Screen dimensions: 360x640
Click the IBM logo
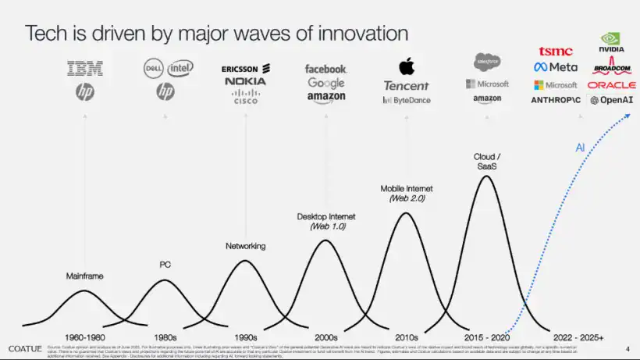coord(85,69)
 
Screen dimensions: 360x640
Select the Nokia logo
coord(245,81)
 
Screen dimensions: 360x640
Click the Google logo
coord(325,83)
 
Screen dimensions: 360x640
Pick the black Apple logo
coord(405,66)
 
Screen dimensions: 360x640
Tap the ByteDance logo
coord(406,100)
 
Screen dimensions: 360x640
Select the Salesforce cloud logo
coord(487,62)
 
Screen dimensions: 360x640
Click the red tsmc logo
coord(555,52)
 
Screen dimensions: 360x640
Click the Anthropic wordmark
coord(555,100)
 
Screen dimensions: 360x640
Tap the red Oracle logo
coord(612,84)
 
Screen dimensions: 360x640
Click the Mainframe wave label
coord(84,276)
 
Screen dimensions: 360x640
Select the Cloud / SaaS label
coord(486,161)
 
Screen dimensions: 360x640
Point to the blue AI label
coord(580,147)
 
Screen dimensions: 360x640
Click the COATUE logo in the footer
coord(24,348)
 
